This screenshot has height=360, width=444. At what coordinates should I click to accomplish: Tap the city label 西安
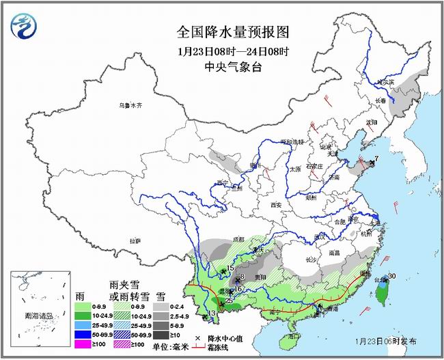coord(275,204)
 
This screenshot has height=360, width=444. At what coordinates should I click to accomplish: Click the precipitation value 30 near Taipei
coord(391,276)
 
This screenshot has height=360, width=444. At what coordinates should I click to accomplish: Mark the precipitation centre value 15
coord(230,268)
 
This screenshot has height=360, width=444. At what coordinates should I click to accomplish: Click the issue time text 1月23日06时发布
coord(387,340)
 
